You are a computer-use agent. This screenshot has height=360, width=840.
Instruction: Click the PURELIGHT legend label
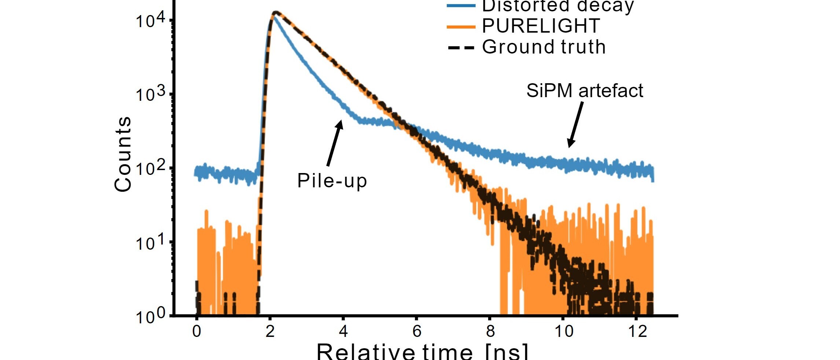tap(541, 26)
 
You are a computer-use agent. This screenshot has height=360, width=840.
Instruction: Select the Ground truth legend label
tap(544, 47)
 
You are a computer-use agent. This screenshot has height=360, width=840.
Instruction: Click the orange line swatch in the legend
tap(461, 26)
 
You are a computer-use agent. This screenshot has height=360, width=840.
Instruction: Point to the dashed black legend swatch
tap(461, 48)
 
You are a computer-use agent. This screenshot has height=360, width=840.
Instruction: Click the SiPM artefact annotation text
tap(585, 91)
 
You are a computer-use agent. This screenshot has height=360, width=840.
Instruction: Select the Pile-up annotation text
tap(332, 180)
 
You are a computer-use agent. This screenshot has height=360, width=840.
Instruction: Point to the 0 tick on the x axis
tap(197, 331)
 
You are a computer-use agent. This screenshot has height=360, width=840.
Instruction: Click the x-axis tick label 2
tap(270, 331)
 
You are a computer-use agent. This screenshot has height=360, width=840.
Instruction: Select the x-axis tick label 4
tap(343, 331)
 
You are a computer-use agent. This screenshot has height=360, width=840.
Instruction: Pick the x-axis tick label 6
tap(417, 331)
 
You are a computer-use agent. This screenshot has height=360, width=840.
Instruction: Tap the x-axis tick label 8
tap(490, 331)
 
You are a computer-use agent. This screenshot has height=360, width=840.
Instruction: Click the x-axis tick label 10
tap(564, 331)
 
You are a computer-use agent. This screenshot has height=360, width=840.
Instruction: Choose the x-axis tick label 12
tap(637, 331)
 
